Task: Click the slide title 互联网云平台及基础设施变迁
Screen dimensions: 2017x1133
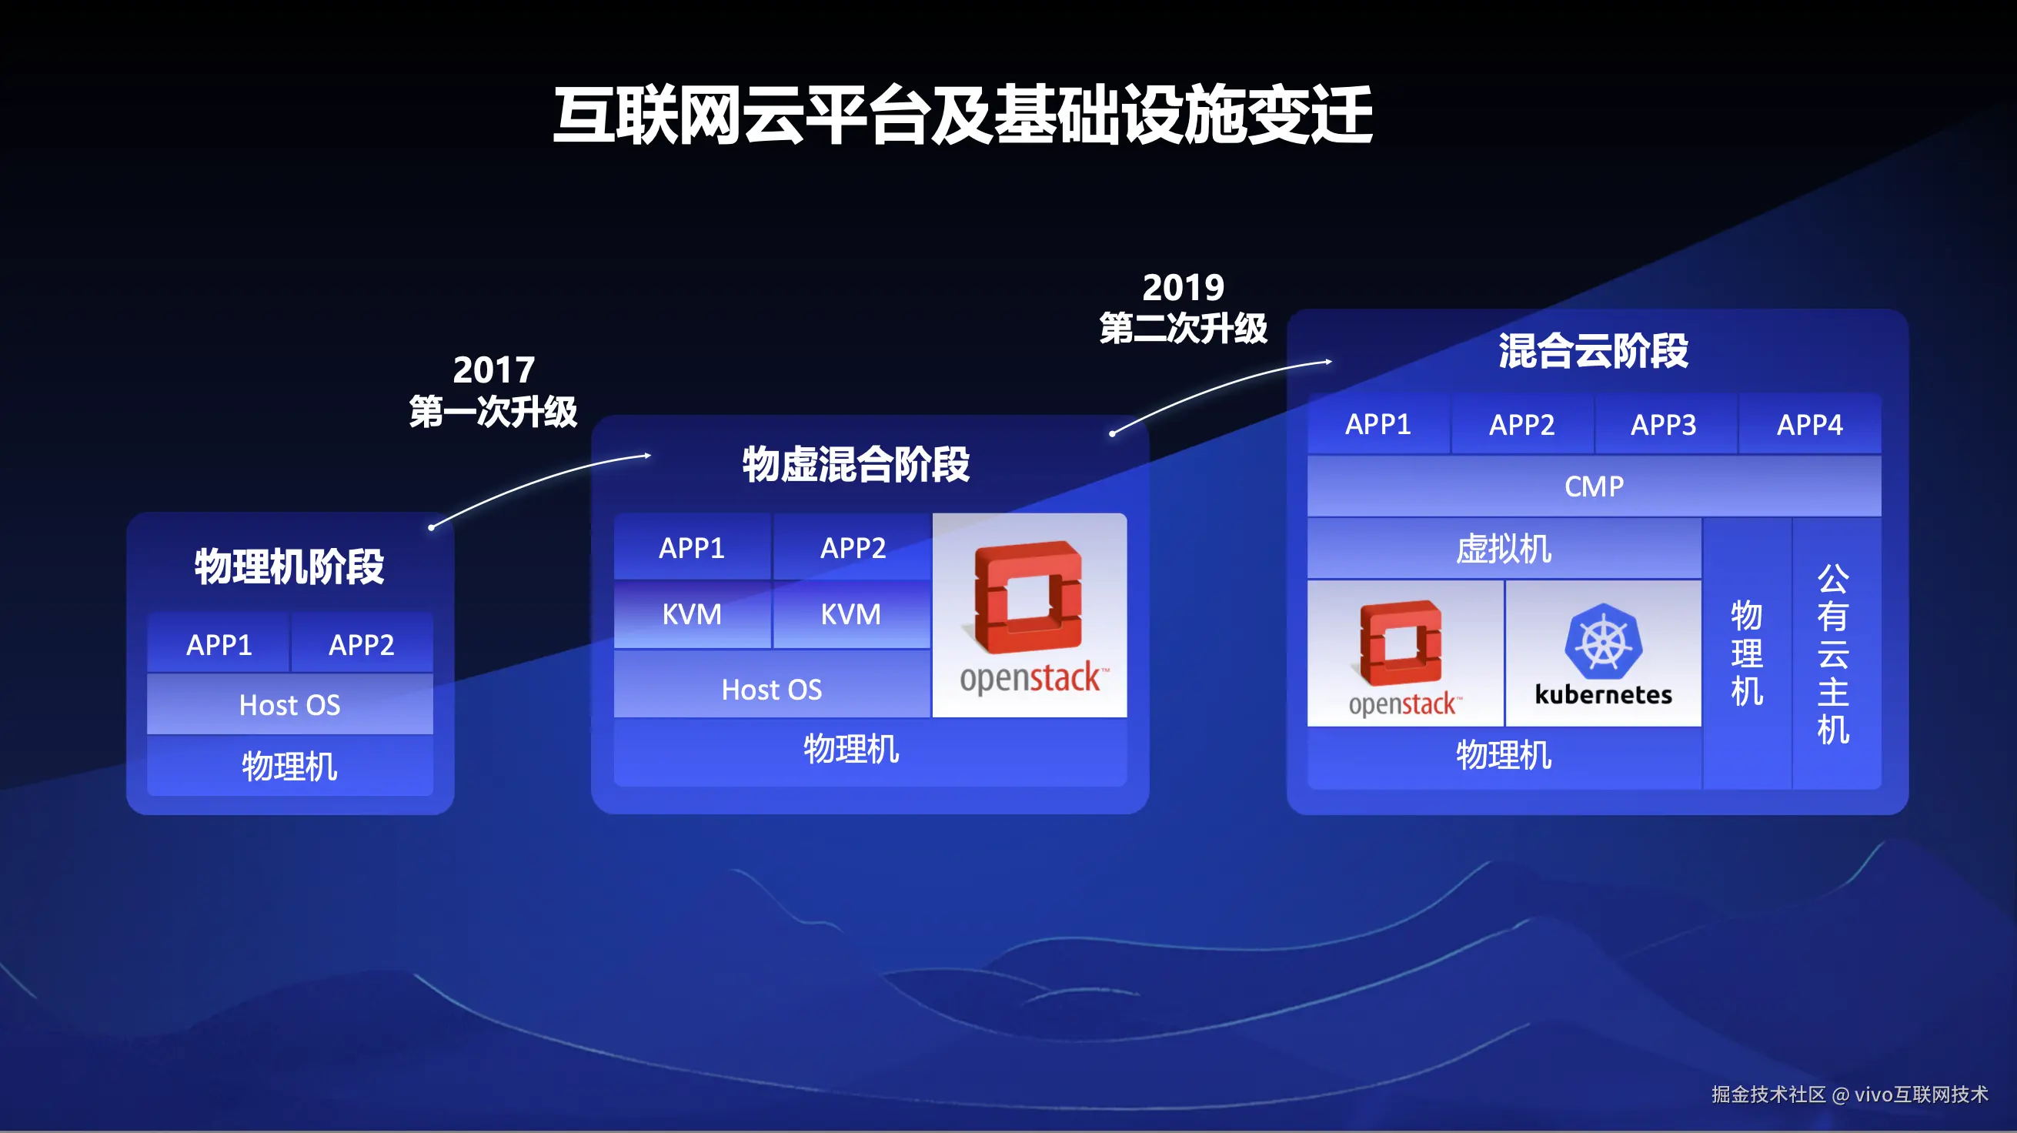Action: [962, 115]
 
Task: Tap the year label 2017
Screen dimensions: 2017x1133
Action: [493, 369]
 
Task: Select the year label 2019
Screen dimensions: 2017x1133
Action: [1183, 287]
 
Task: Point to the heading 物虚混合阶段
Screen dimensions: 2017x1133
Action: [856, 463]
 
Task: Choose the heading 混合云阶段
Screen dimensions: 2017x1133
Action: [1594, 350]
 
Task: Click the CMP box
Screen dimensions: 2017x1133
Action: [1595, 486]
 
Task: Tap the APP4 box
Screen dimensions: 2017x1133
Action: [1809, 423]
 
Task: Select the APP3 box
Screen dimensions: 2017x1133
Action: [1664, 423]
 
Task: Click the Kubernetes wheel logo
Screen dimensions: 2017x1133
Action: [1604, 640]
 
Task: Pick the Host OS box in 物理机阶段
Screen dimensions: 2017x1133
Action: [289, 705]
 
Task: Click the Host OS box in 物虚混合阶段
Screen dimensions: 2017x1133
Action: [772, 689]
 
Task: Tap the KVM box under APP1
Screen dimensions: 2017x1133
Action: [692, 614]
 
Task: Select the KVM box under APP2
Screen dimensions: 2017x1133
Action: [851, 614]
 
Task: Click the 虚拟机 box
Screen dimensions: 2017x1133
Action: [1504, 548]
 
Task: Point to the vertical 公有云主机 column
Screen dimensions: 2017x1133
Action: [1836, 653]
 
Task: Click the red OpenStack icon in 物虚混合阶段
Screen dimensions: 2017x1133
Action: [1028, 597]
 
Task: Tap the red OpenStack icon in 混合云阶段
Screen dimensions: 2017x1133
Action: [1401, 642]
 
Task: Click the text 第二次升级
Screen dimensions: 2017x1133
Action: [1183, 327]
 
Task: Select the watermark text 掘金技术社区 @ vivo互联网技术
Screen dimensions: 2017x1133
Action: [1849, 1094]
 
